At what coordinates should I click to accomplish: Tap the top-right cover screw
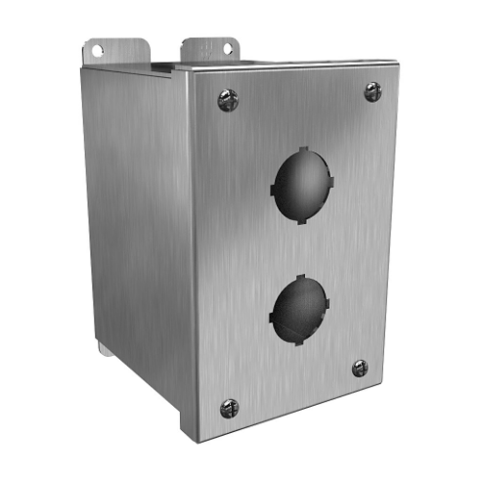pos(372,91)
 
